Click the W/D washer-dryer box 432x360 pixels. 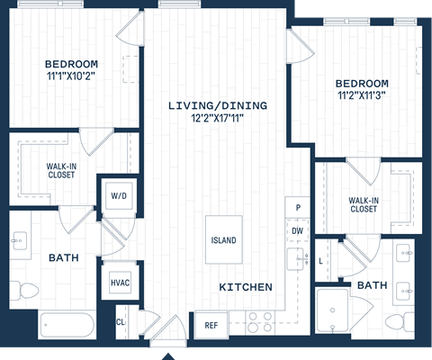pos(118,195)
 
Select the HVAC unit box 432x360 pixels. pos(120,283)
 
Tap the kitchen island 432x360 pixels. pos(223,240)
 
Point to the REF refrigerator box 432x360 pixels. pos(211,325)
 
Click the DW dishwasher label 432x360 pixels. pos(297,231)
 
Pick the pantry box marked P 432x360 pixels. pos(297,208)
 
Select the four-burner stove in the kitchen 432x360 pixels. pos(260,322)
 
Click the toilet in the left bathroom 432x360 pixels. pos(27,290)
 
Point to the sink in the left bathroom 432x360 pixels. pos(20,240)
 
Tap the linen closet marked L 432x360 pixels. pos(322,260)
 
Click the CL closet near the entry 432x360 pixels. pos(121,321)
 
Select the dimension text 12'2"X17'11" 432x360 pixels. pos(218,118)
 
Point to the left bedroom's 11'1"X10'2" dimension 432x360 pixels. pos(71,76)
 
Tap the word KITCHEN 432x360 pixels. pos(246,287)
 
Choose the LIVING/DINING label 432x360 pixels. pos(218,105)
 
